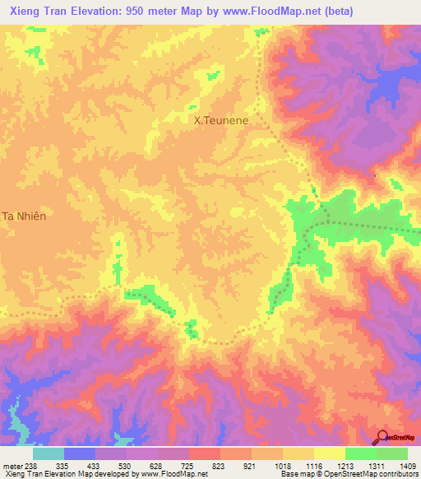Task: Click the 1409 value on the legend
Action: point(409,465)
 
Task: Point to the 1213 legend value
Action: point(346,465)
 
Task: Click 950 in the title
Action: point(160,11)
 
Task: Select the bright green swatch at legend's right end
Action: point(392,453)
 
